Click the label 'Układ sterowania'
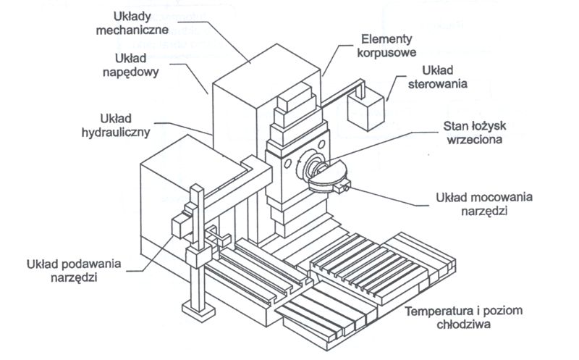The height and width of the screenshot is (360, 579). tap(444, 76)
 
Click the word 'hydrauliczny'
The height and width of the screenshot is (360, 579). tap(115, 131)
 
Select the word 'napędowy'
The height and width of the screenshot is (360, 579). tap(136, 72)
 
